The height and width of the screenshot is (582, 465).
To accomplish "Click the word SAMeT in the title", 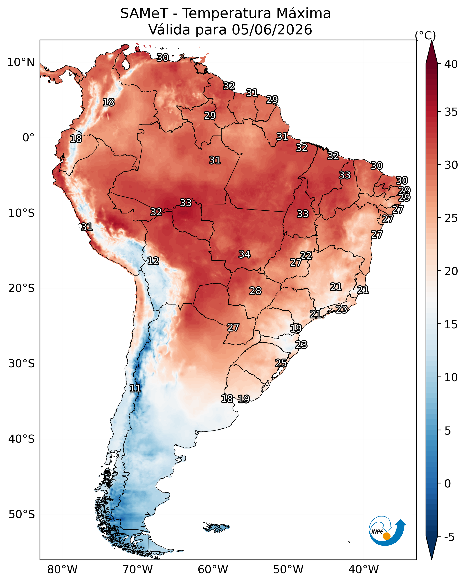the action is pyautogui.click(x=144, y=13).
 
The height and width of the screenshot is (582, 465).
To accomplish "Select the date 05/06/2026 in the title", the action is pyautogui.click(x=272, y=29).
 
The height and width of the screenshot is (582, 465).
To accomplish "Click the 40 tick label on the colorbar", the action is pyautogui.click(x=451, y=64).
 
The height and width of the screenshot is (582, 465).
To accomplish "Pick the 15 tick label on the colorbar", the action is pyautogui.click(x=451, y=324).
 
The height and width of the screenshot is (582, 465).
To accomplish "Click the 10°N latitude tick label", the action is pyautogui.click(x=21, y=62).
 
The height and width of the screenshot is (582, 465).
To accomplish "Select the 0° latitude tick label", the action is pyautogui.click(x=29, y=138).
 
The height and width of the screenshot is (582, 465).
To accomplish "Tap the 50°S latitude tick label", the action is pyautogui.click(x=22, y=514).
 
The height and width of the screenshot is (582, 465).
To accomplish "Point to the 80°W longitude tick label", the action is pyautogui.click(x=62, y=569).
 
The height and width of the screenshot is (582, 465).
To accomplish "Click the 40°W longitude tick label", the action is pyautogui.click(x=364, y=569).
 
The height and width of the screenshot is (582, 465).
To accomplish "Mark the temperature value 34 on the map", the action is pyautogui.click(x=245, y=254).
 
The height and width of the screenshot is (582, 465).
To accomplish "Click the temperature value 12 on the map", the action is pyautogui.click(x=153, y=261).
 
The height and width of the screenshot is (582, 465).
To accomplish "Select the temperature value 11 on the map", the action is pyautogui.click(x=135, y=388).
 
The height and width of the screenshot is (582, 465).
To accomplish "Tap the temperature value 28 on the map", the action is pyautogui.click(x=255, y=291).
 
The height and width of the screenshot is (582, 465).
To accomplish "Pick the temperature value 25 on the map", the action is pyautogui.click(x=281, y=363).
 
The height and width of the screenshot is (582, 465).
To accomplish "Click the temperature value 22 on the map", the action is pyautogui.click(x=306, y=255).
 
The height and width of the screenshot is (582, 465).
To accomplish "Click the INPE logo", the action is pyautogui.click(x=387, y=532).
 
